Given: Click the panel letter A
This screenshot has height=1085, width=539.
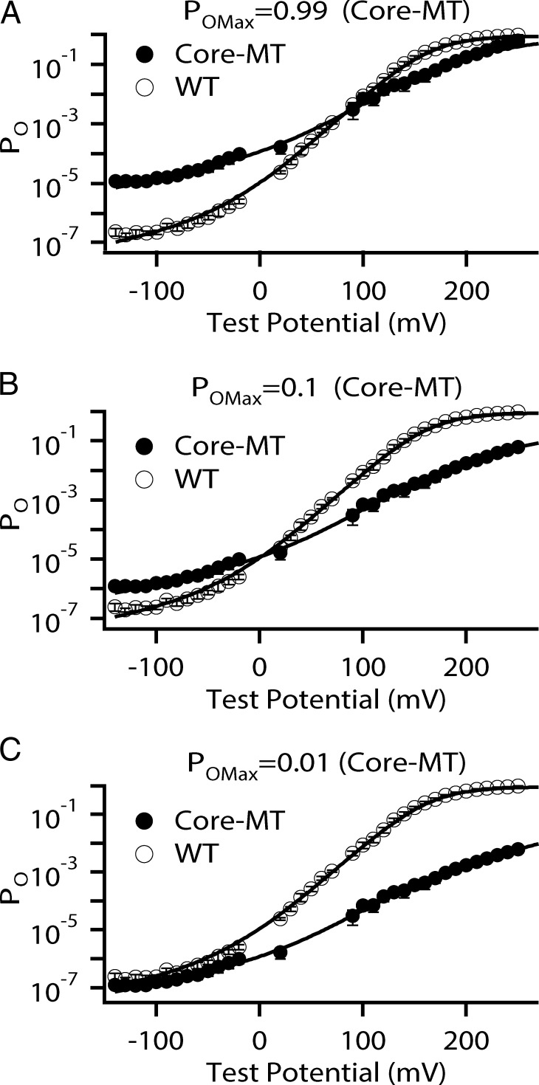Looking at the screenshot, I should (x=10, y=13).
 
